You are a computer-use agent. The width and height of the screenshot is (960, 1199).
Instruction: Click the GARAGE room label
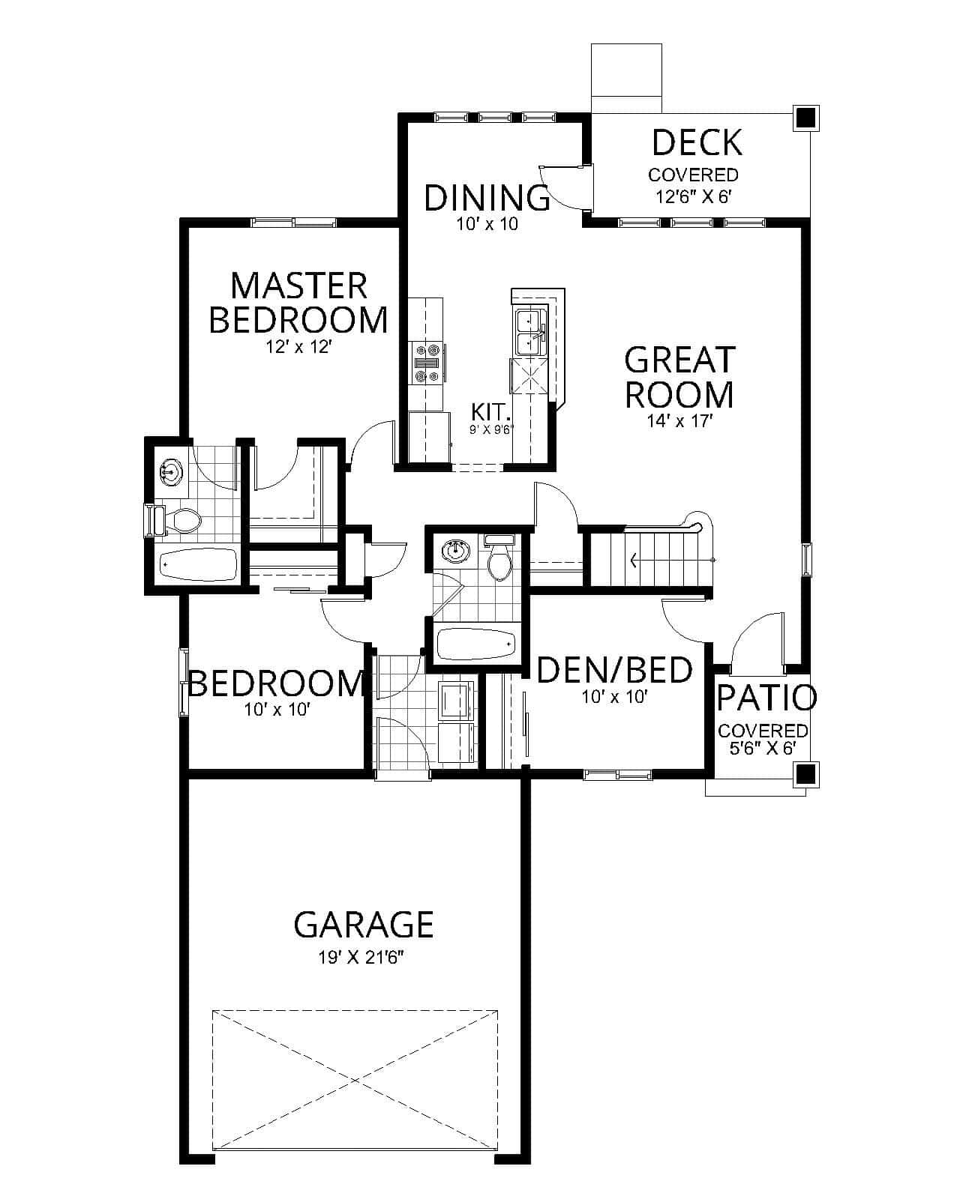(364, 925)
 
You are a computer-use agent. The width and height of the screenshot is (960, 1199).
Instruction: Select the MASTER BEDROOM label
(298, 303)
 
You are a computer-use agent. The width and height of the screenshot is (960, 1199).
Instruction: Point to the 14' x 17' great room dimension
(679, 421)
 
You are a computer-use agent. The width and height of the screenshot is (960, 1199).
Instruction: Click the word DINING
(487, 198)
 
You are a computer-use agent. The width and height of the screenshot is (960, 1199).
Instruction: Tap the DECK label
(697, 142)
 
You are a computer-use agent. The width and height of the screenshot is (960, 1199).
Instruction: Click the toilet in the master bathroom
(181, 520)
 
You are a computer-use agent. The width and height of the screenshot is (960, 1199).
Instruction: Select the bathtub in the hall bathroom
(476, 644)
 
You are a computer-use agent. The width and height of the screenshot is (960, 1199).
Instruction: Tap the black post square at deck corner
(805, 117)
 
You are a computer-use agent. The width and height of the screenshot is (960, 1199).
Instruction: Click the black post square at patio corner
(805, 773)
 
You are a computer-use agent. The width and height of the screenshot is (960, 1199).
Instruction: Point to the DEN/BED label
(615, 670)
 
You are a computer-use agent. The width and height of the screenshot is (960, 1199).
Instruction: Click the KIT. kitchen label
(491, 411)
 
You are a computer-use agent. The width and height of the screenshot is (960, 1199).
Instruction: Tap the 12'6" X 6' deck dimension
(693, 197)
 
